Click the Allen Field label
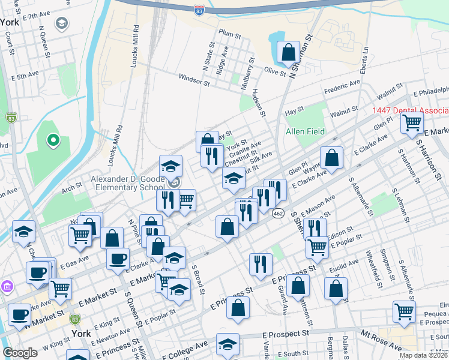coord(305,131)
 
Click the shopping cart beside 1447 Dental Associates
coord(412,124)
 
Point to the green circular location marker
coord(53,141)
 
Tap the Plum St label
coord(229,34)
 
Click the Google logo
coord(20,353)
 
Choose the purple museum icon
coord(6,286)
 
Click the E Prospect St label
coord(286,332)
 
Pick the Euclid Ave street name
coord(348,263)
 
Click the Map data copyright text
coord(424,355)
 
